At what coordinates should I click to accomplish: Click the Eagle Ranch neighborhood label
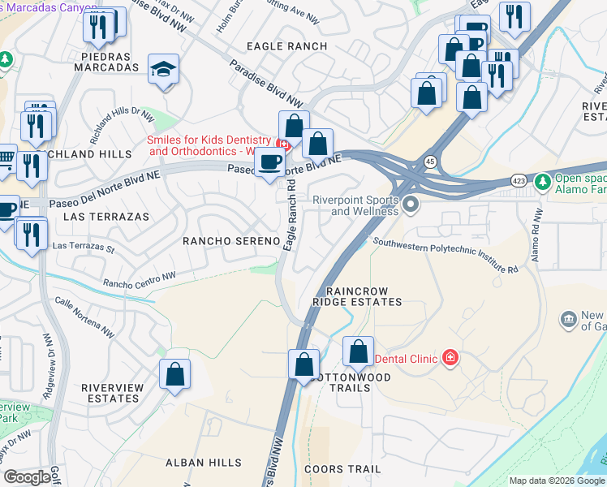tap(286, 46)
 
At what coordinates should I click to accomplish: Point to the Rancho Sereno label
tap(231, 241)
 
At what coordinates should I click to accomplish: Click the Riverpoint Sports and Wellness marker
tap(411, 204)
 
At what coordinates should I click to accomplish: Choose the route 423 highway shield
tap(519, 180)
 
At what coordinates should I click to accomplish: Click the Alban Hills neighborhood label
tap(203, 463)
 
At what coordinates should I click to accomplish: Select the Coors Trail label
tap(342, 469)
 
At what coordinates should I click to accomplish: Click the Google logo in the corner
tap(27, 477)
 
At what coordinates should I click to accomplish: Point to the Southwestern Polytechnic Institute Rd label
tap(446, 254)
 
